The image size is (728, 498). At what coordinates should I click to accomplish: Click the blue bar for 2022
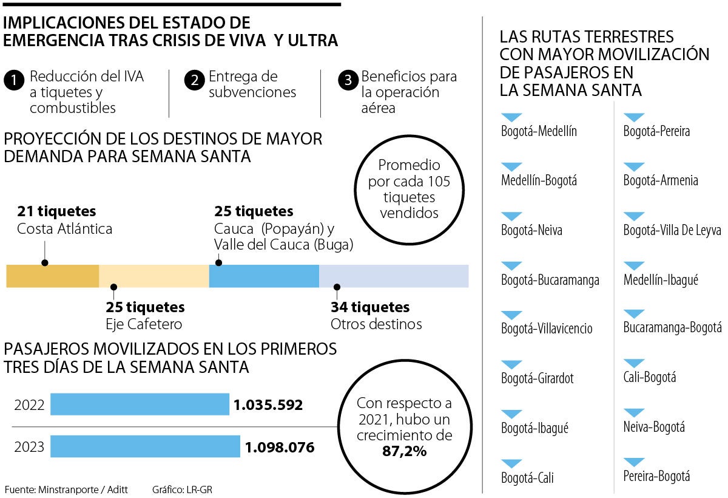pyautogui.click(x=140, y=404)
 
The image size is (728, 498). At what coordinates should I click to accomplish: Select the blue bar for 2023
pyautogui.click(x=145, y=446)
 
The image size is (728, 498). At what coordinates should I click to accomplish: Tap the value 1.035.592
pyautogui.click(x=268, y=405)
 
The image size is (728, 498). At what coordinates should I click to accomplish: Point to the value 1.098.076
pyautogui.click(x=280, y=448)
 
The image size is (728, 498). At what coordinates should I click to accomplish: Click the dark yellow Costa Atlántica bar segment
pyautogui.click(x=53, y=276)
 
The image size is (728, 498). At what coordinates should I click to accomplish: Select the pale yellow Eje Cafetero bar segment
pyautogui.click(x=154, y=276)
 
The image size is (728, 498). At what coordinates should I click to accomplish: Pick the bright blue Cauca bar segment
pyautogui.click(x=264, y=276)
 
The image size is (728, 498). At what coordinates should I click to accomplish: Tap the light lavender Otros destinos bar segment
pyautogui.click(x=394, y=276)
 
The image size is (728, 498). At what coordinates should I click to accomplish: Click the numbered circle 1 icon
pyautogui.click(x=14, y=80)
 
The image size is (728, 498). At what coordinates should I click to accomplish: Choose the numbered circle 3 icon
pyautogui.click(x=348, y=80)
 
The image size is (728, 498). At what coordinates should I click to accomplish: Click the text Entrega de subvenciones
pyautogui.click(x=252, y=84)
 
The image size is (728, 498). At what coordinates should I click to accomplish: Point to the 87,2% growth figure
pyautogui.click(x=404, y=451)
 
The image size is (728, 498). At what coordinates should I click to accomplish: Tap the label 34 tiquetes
pyautogui.click(x=370, y=307)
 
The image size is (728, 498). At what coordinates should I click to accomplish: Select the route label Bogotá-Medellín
pyautogui.click(x=539, y=131)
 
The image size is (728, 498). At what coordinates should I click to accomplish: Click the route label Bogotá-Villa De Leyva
pyautogui.click(x=672, y=230)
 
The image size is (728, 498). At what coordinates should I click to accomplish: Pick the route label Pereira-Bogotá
pyautogui.click(x=656, y=477)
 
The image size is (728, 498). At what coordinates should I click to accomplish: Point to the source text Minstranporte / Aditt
pyautogui.click(x=79, y=489)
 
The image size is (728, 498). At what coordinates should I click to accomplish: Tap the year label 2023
pyautogui.click(x=30, y=448)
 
